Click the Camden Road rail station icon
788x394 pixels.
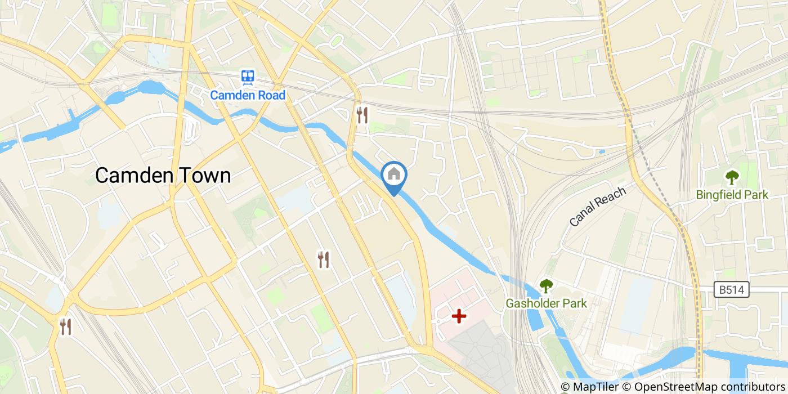(x=248, y=77)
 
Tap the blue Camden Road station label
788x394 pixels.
(x=248, y=95)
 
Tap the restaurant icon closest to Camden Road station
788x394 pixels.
(x=362, y=115)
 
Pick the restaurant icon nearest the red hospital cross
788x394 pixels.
(x=323, y=259)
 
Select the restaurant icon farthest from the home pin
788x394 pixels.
(x=66, y=326)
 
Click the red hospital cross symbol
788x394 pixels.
(x=459, y=316)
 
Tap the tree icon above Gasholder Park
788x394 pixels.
(x=546, y=286)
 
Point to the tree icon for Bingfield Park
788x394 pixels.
(x=732, y=178)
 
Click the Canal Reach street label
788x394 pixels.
(x=598, y=207)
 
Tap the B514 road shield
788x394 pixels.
(x=732, y=290)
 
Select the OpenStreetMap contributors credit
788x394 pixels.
(x=709, y=387)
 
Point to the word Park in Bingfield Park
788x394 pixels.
(x=756, y=195)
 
